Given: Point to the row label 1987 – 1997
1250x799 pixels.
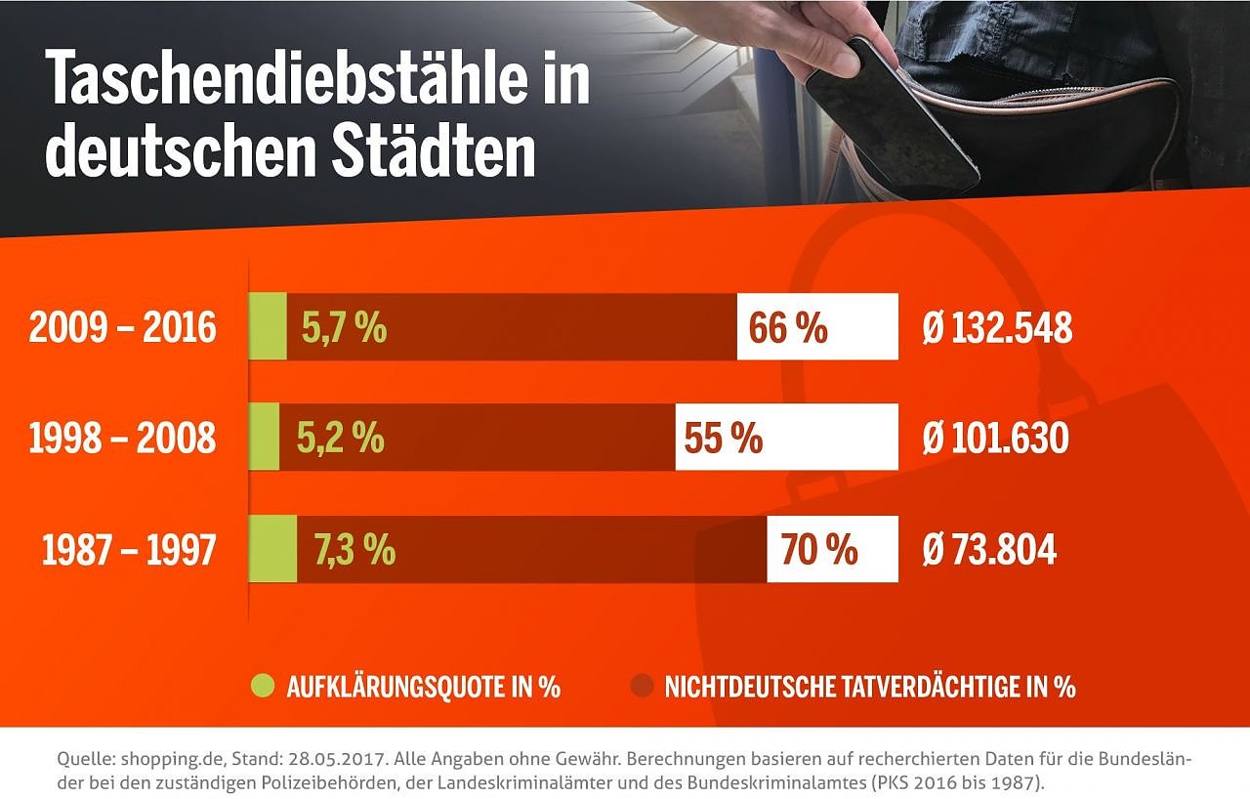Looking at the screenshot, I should [128, 551].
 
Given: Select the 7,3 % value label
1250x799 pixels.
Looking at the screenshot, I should [354, 551].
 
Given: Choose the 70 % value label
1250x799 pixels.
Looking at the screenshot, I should [818, 551].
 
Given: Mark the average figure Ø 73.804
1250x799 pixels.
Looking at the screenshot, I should [989, 551].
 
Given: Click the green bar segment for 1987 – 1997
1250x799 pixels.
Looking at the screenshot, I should [272, 550].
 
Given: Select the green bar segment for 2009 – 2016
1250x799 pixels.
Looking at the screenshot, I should [268, 327].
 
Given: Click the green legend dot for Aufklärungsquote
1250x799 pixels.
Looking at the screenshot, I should [263, 686].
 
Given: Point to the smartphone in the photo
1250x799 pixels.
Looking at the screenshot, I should [889, 112].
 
